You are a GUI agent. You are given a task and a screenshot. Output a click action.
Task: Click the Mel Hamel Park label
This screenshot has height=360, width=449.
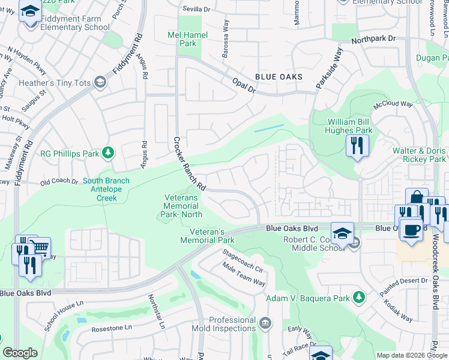pos(188,39)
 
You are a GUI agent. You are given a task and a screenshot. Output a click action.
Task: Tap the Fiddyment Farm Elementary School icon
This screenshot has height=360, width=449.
pos(29,11)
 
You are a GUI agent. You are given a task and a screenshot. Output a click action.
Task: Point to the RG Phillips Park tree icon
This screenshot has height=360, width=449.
pos(108,154)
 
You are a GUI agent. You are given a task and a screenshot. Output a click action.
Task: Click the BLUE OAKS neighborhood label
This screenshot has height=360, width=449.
pos(279,77)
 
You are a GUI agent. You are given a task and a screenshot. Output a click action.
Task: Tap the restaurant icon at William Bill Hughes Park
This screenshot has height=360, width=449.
pos(357,145)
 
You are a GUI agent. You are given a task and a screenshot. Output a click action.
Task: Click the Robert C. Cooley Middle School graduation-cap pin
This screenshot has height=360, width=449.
pos(342,233)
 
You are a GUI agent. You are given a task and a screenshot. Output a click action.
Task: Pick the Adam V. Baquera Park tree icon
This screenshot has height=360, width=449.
pos(358,298)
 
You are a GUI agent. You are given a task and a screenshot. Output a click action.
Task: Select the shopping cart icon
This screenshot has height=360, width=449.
pos(40,247)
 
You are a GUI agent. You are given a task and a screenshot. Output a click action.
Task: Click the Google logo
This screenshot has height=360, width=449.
pos(20,353)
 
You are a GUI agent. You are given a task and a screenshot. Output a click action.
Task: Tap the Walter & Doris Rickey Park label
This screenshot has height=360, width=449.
pos(419,155)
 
